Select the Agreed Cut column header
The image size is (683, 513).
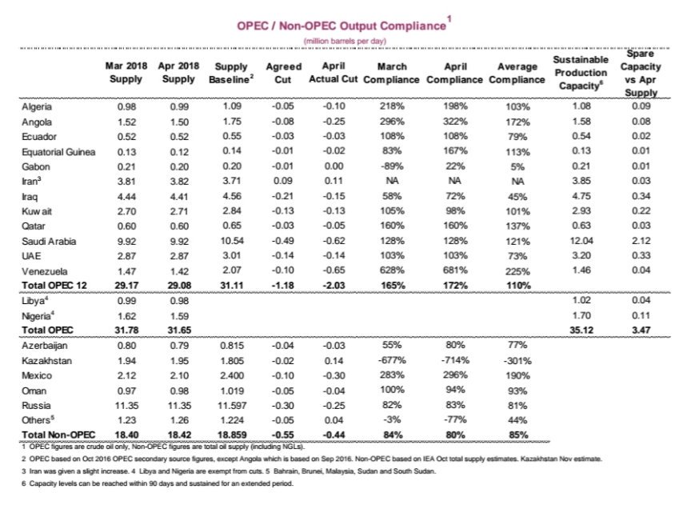[282, 74]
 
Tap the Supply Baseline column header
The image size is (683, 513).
[232, 74]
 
